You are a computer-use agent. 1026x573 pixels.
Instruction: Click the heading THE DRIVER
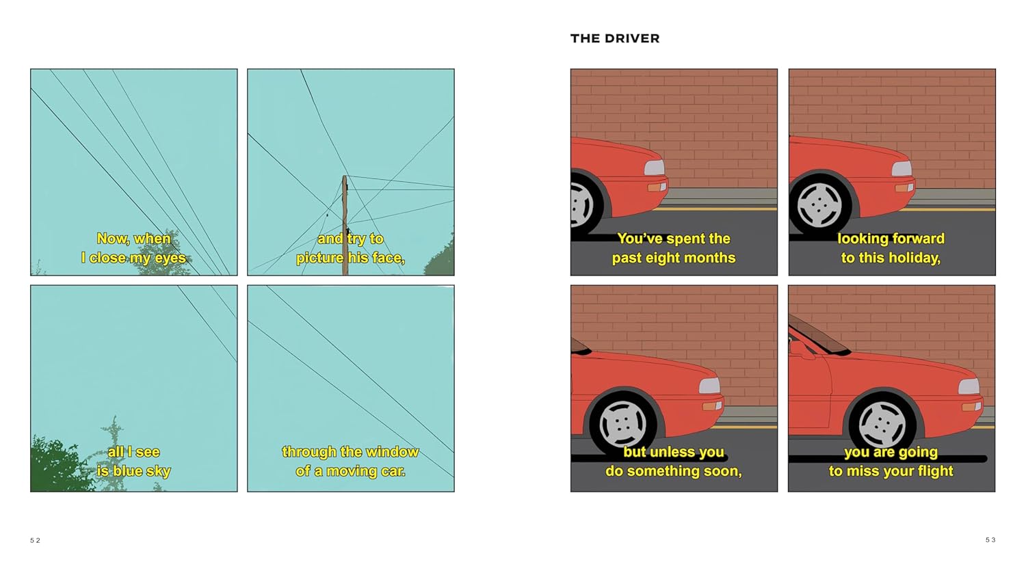615,38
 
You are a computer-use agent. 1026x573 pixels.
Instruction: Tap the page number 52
36,540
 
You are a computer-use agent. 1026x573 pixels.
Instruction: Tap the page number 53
990,540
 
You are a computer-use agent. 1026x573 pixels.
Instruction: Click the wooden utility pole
345,226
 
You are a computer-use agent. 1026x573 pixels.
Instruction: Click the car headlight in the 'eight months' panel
654,168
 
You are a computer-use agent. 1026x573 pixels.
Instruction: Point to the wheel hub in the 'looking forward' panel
819,204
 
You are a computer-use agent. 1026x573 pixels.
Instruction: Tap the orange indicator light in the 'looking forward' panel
904,188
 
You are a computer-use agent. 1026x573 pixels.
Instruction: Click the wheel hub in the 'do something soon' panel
622,424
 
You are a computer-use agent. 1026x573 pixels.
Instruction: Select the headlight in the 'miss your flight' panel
969,386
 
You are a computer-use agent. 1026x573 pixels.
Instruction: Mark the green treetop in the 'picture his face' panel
440,257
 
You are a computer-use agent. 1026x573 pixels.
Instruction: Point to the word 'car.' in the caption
392,471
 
